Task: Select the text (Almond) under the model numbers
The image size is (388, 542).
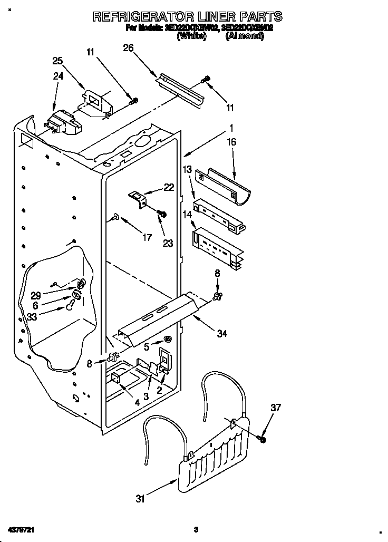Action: [244, 36]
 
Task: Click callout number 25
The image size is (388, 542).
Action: [57, 61]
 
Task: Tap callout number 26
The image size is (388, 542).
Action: [128, 48]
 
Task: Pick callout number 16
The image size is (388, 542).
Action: [231, 142]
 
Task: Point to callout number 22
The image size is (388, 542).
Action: [169, 187]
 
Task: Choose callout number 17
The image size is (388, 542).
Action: [147, 237]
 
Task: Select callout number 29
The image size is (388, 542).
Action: [36, 296]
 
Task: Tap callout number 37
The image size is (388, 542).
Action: [276, 408]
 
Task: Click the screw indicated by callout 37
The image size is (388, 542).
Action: [262, 438]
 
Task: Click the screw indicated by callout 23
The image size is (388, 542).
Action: [162, 214]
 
